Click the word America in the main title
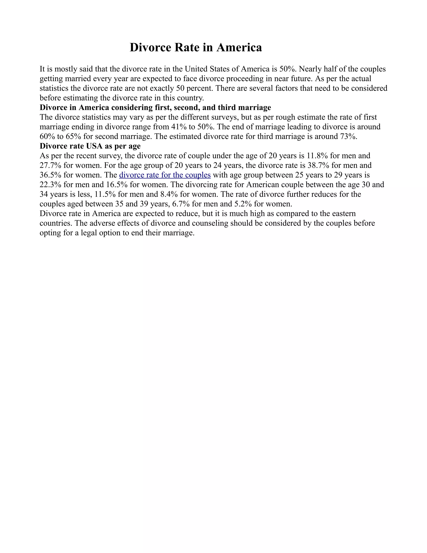tap(239, 47)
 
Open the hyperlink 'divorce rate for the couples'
tap(165, 175)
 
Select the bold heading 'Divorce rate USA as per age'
tap(90, 146)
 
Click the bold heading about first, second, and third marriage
tap(155, 108)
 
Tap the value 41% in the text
tap(179, 127)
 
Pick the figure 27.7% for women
tap(50, 165)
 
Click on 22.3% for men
tap(50, 185)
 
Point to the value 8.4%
tap(169, 194)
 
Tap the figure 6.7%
tap(181, 204)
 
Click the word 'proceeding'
tap(245, 78)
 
